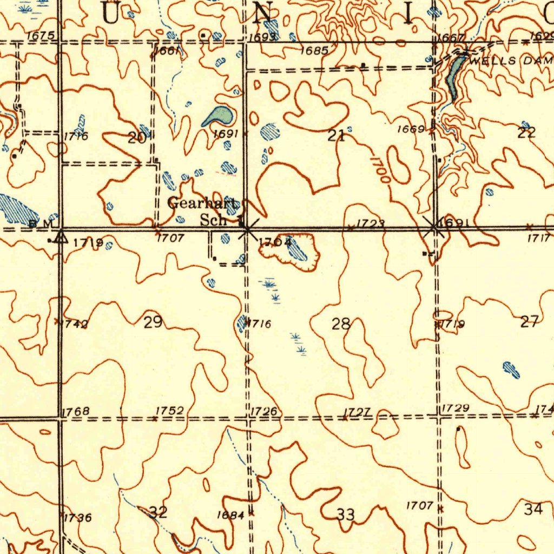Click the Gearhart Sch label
pyautogui.click(x=203, y=212)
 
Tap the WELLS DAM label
pyautogui.click(x=511, y=61)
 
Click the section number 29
pyautogui.click(x=153, y=323)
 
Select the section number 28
pyautogui.click(x=341, y=325)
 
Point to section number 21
pyautogui.click(x=337, y=136)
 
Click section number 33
pyautogui.click(x=346, y=515)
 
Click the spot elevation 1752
pyautogui.click(x=170, y=411)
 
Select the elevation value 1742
pyautogui.click(x=76, y=324)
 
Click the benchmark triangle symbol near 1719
pyautogui.click(x=61, y=237)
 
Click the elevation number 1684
pyautogui.click(x=230, y=515)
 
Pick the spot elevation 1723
pyautogui.click(x=371, y=223)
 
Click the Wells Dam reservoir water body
pyautogui.click(x=453, y=76)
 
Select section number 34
pyautogui.click(x=533, y=509)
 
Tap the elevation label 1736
pyautogui.click(x=78, y=518)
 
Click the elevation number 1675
pyautogui.click(x=41, y=36)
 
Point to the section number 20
pyautogui.click(x=137, y=137)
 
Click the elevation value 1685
pyautogui.click(x=314, y=51)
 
